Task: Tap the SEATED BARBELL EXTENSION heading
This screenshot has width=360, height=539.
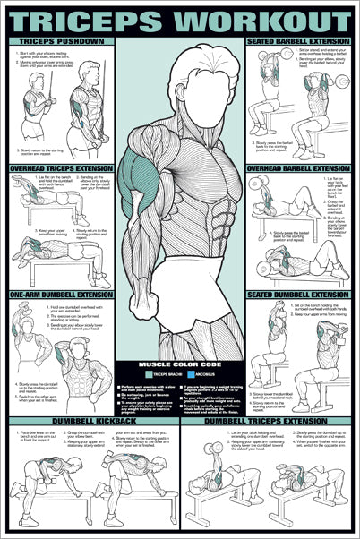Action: coord(298,41)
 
